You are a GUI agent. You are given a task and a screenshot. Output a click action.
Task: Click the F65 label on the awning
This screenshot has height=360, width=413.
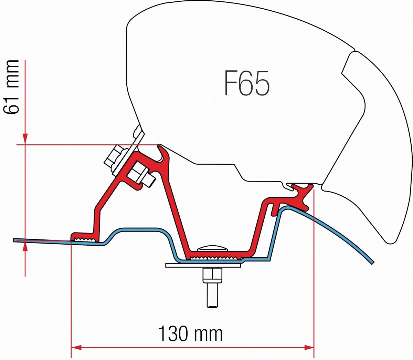coord(247,83)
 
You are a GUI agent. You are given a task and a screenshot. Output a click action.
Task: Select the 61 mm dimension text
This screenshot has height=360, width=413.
coord(11,87)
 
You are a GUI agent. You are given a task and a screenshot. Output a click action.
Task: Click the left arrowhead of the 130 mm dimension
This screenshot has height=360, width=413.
coord(76,348)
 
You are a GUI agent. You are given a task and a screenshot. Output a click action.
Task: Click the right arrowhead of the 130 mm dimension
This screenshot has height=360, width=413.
coord(309,348)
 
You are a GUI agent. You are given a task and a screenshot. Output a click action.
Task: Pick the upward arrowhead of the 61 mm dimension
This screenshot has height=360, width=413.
coord(25,247)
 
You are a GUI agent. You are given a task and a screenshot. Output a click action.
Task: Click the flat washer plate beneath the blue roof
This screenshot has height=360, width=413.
coord(203,265)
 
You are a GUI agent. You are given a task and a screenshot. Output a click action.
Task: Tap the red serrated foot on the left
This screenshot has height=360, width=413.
coord(85,237)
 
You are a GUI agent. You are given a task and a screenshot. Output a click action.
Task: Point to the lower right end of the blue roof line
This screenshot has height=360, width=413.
coord(373,263)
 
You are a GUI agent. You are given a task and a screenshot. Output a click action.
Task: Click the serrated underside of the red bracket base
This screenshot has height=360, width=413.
coord(214,258)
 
